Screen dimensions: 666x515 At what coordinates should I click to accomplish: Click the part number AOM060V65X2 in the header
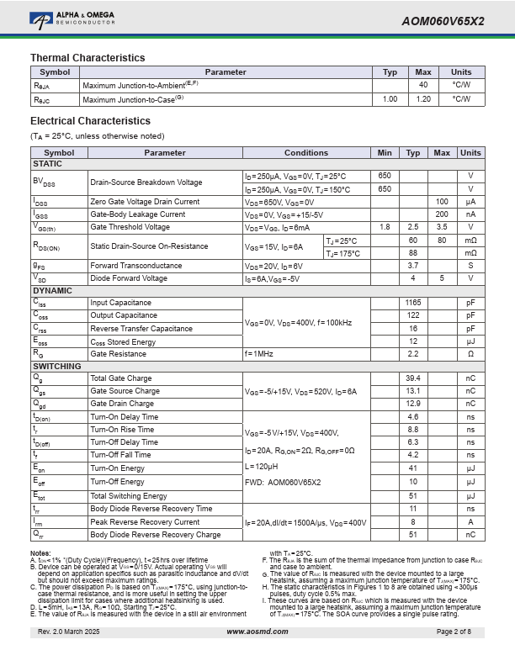point(443,21)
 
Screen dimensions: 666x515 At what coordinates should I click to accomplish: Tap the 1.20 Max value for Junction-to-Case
point(423,99)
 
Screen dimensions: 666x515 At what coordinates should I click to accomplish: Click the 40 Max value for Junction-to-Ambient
point(423,86)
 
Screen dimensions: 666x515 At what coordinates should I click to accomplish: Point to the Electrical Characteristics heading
point(90,121)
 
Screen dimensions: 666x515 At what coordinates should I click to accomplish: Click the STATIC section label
point(47,164)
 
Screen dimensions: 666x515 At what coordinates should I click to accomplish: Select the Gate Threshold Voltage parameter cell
point(130,227)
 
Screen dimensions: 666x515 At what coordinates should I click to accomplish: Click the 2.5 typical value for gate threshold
point(413,227)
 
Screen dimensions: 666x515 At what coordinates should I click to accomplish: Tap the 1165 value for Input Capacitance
point(413,303)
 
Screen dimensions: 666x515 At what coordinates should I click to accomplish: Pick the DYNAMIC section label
point(52,290)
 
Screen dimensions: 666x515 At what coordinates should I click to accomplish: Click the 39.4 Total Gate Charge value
point(413,378)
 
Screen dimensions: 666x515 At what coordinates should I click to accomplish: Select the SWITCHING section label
point(56,367)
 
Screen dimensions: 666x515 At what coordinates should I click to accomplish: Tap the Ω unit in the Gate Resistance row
point(471,354)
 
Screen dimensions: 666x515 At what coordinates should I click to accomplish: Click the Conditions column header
point(306,153)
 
